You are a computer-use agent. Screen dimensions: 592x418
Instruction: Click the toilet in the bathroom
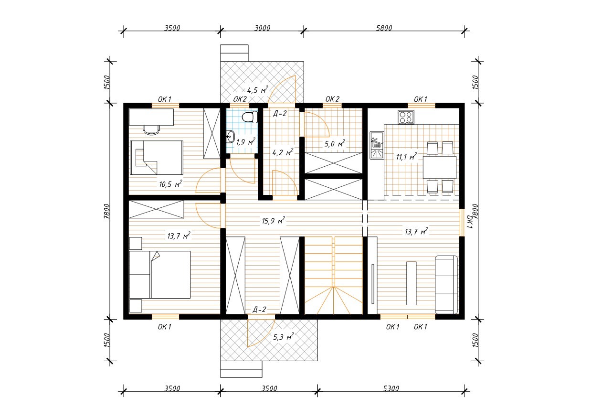coord(250,117)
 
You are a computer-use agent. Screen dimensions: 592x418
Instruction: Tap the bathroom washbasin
coord(231,137)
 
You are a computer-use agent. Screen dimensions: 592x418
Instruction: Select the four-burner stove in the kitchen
coord(406,118)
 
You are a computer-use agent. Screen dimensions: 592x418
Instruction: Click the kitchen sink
coord(377,145)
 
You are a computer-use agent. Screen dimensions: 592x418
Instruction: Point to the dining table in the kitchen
coord(440,167)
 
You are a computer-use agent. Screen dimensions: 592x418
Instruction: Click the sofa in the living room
coord(446,285)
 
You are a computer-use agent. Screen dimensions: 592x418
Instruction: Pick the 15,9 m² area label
coord(274,220)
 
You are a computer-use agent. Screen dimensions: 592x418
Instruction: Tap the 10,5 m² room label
coord(170,183)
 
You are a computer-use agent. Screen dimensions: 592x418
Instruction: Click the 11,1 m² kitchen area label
coord(406,157)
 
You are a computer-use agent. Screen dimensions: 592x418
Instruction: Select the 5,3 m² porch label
coord(283,337)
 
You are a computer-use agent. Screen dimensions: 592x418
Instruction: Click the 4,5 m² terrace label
coord(257,90)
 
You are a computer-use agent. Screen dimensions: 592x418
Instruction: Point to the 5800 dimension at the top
coord(384,28)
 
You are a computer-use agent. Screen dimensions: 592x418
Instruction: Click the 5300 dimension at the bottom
coord(391,388)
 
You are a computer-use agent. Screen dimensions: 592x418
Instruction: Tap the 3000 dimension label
coord(262,28)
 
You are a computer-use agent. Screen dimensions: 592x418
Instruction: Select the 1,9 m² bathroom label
coord(246,142)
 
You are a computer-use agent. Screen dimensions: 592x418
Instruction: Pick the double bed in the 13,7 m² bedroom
coord(160,274)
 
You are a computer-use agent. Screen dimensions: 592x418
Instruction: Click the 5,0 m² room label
coord(335,143)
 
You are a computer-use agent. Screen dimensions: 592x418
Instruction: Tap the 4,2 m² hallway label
coord(283,152)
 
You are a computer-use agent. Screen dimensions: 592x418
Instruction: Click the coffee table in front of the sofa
coord(411,283)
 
